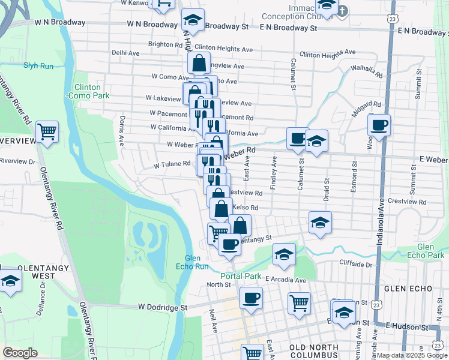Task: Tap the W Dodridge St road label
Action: [159, 307]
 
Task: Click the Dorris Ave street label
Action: [122, 131]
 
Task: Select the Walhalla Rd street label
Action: [367, 71]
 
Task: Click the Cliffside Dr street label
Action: [356, 264]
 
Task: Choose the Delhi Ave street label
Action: [125, 53]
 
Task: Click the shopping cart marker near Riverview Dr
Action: [47, 130]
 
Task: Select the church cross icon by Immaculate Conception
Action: [342, 10]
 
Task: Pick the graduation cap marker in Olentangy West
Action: [10, 281]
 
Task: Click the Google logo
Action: [20, 353]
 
